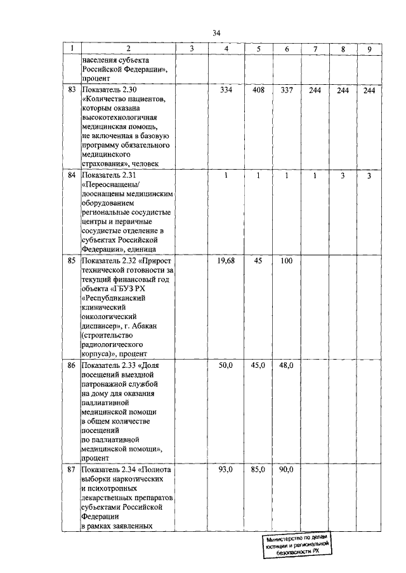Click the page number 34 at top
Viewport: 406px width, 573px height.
tap(216, 33)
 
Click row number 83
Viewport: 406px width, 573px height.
tap(71, 91)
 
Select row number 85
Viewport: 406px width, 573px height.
tap(71, 261)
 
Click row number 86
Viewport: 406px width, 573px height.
tap(71, 365)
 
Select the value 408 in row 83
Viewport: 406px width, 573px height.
tap(258, 91)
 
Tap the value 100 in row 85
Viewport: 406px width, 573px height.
tap(286, 261)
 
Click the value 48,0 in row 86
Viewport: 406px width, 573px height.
tap(286, 365)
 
